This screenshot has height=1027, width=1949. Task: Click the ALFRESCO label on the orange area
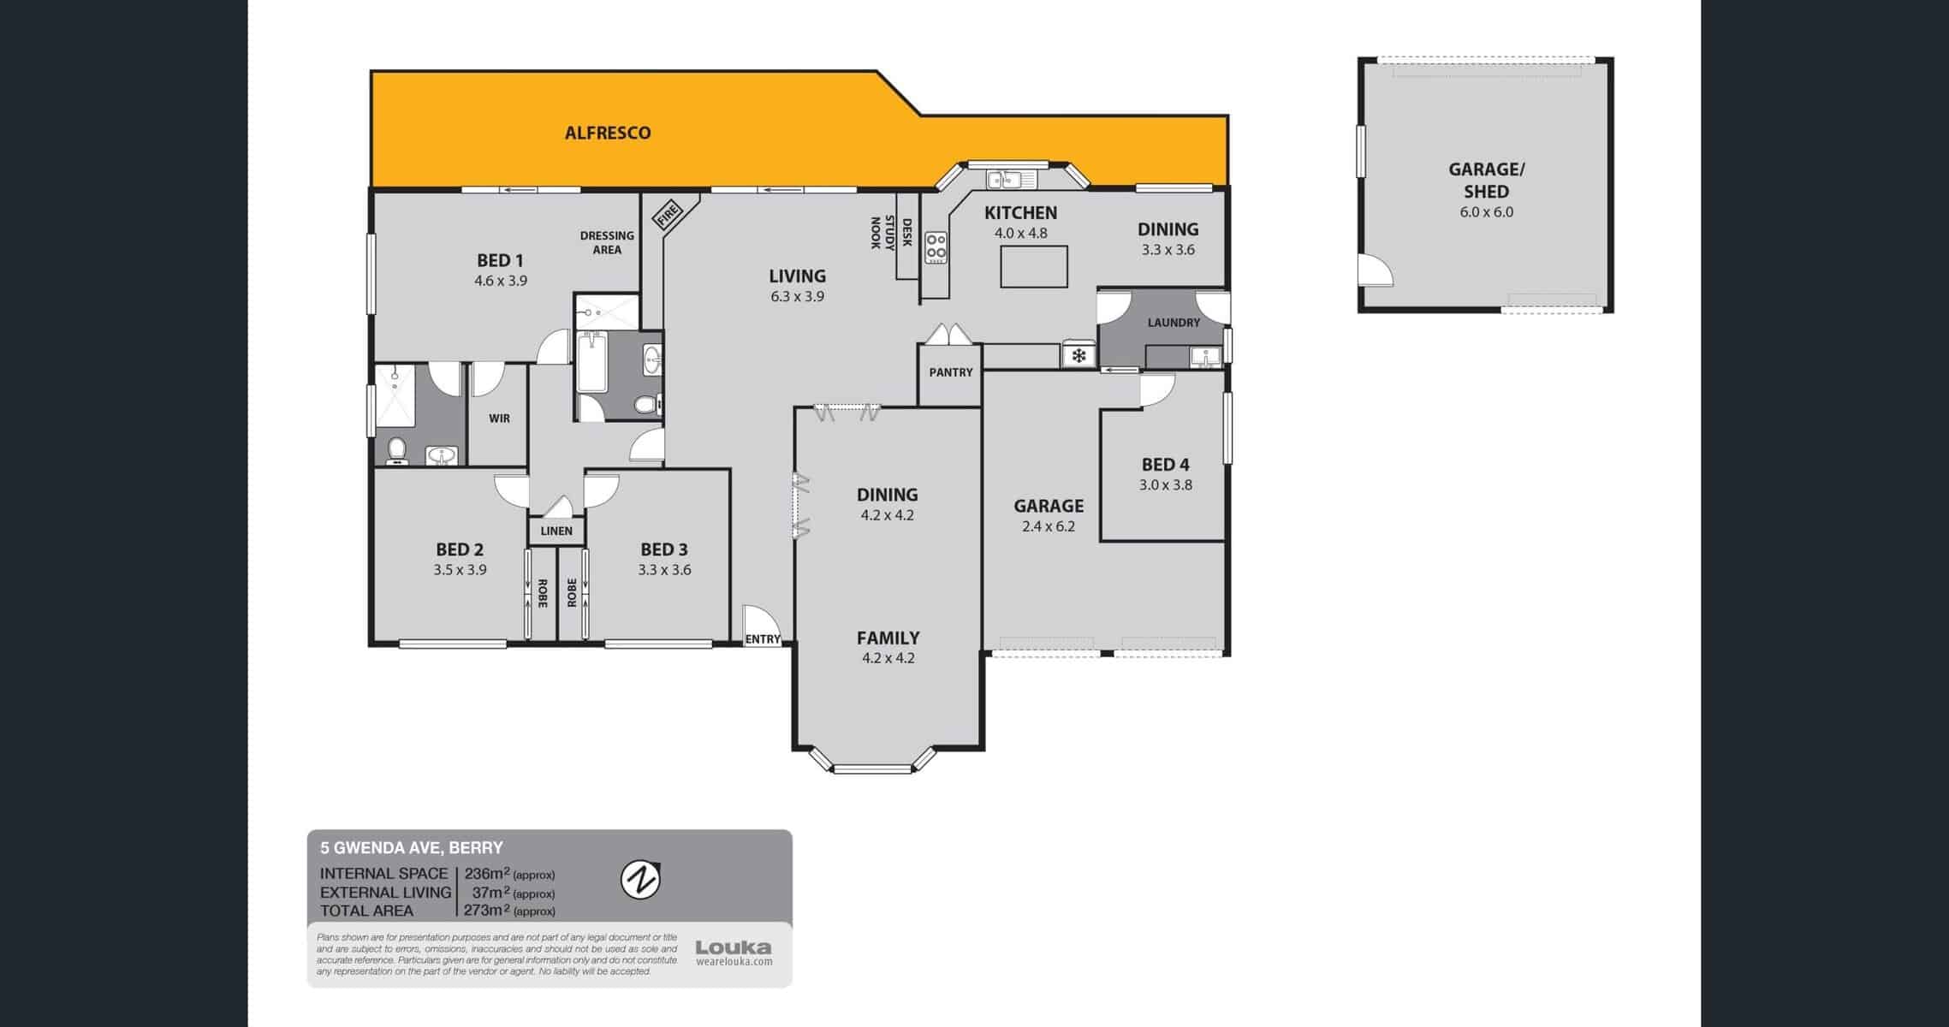(608, 133)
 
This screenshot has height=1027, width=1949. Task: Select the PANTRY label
(951, 372)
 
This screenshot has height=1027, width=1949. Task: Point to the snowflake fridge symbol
(1078, 354)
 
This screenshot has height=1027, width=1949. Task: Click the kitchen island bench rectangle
(1034, 266)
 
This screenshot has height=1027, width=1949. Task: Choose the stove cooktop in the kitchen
(936, 247)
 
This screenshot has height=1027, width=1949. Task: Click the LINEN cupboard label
(556, 531)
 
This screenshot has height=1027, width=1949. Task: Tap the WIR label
(499, 419)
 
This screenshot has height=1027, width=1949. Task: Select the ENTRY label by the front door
(762, 639)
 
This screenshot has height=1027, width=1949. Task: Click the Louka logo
(734, 952)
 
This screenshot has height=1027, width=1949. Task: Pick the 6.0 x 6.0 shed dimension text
(1486, 211)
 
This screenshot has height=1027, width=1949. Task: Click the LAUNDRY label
(1174, 323)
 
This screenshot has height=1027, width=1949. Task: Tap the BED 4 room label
(1165, 465)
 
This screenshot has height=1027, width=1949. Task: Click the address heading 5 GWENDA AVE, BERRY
(412, 848)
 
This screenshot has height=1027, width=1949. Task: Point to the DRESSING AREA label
(607, 242)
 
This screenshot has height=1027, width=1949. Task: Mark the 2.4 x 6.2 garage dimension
(1049, 526)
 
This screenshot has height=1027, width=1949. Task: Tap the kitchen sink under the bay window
(1010, 180)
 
